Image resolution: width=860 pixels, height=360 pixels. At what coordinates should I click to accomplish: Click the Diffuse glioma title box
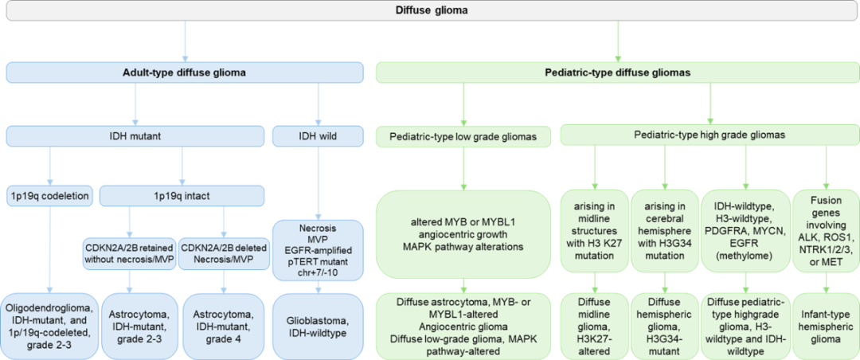[x=430, y=10]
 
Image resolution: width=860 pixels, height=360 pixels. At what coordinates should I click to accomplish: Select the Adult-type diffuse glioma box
[x=183, y=72]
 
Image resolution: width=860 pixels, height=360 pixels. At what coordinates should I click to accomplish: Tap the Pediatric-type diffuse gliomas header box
[x=617, y=72]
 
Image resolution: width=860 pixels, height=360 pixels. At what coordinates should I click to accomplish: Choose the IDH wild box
[x=318, y=135]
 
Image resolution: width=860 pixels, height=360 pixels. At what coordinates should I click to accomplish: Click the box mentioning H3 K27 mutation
[x=595, y=229]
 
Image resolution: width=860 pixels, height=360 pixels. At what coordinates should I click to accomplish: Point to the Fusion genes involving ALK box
[x=828, y=229]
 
